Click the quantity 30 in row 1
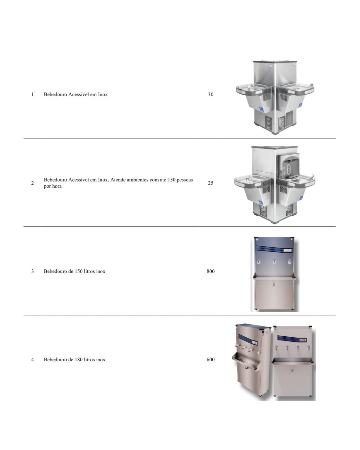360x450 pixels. click(210, 94)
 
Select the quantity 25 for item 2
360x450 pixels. click(210, 183)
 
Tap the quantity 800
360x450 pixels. click(210, 271)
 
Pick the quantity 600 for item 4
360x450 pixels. click(210, 359)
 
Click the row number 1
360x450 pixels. click(32, 94)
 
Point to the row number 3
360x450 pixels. click(32, 271)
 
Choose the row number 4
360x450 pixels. click(32, 359)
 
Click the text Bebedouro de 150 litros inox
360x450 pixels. click(74, 271)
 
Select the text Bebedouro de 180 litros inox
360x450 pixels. click(74, 359)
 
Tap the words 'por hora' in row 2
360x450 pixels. click(53, 186)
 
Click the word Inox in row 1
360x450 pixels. click(103, 94)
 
